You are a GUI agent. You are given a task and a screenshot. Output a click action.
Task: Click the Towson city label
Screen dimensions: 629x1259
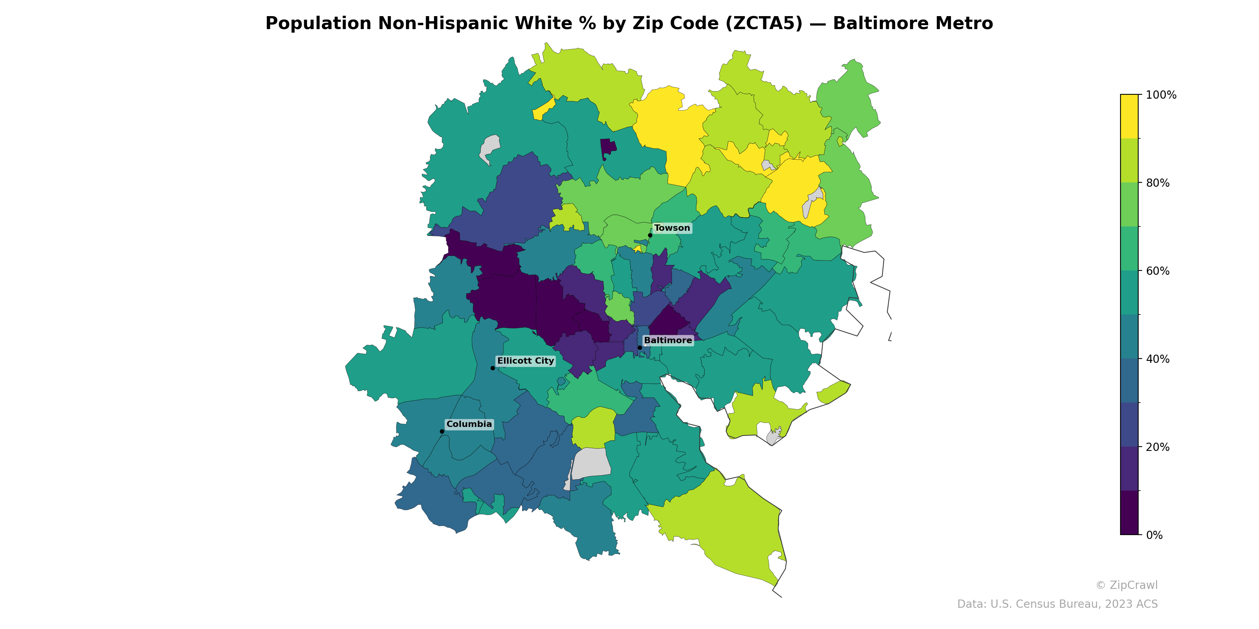click(672, 228)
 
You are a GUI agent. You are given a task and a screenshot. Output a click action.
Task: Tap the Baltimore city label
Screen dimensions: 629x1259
click(668, 340)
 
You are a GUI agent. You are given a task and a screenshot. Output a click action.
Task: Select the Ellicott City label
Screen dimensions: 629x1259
click(525, 361)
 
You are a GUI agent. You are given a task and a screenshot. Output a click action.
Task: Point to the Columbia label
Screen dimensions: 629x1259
click(469, 424)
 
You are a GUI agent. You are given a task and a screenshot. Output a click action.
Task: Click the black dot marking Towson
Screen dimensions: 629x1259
click(650, 235)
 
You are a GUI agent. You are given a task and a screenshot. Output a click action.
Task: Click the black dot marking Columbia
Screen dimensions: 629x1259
click(442, 431)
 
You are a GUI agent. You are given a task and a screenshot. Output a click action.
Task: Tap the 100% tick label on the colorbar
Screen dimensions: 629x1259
click(1161, 95)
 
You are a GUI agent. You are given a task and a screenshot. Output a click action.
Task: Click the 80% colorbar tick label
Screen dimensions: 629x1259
click(1157, 183)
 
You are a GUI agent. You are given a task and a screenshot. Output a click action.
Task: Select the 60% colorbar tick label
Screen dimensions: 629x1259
click(1157, 271)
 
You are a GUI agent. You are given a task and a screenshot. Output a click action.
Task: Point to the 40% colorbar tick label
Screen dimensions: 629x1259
click(1157, 359)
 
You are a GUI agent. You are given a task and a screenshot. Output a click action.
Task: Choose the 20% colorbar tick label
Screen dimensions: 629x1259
click(1157, 447)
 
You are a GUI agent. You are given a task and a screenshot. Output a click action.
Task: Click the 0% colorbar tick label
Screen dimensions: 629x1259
click(1154, 535)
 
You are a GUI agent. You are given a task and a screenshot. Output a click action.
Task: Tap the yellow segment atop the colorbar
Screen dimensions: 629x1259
click(1129, 116)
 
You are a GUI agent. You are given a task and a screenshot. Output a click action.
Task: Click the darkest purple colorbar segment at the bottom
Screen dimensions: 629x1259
click(1129, 513)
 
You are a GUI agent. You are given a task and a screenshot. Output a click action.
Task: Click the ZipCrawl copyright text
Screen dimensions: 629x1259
click(1126, 585)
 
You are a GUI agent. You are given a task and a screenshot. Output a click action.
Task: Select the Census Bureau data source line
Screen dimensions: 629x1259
click(1057, 604)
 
